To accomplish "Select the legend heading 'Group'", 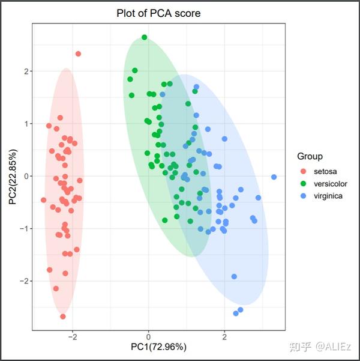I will coord(310,156).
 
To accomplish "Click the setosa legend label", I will coord(325,171).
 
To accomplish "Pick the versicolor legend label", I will coord(329,183).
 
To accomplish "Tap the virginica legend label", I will coord(328,196).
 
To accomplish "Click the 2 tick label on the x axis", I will coord(224,336).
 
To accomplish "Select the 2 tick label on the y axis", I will coord(25,71).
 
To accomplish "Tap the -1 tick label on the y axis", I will coord(23,229).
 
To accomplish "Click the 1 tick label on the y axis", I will coord(25,124).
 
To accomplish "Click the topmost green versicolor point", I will coord(144,37).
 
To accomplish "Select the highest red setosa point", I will coord(78,54).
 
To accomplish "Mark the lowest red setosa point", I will coord(63,317).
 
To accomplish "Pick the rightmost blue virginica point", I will coord(274,177).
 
